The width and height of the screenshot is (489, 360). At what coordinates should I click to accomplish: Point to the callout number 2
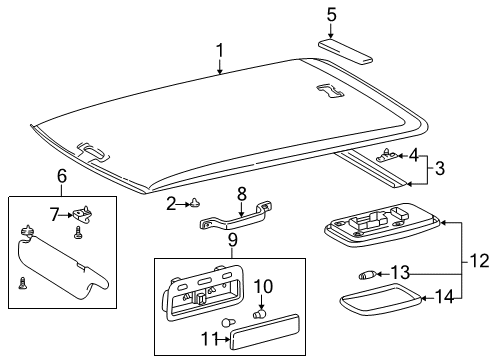tap(171, 203)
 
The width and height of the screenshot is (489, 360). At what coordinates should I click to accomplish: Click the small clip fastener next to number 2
tap(197, 204)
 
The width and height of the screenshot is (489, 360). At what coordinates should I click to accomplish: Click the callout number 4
tap(413, 155)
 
